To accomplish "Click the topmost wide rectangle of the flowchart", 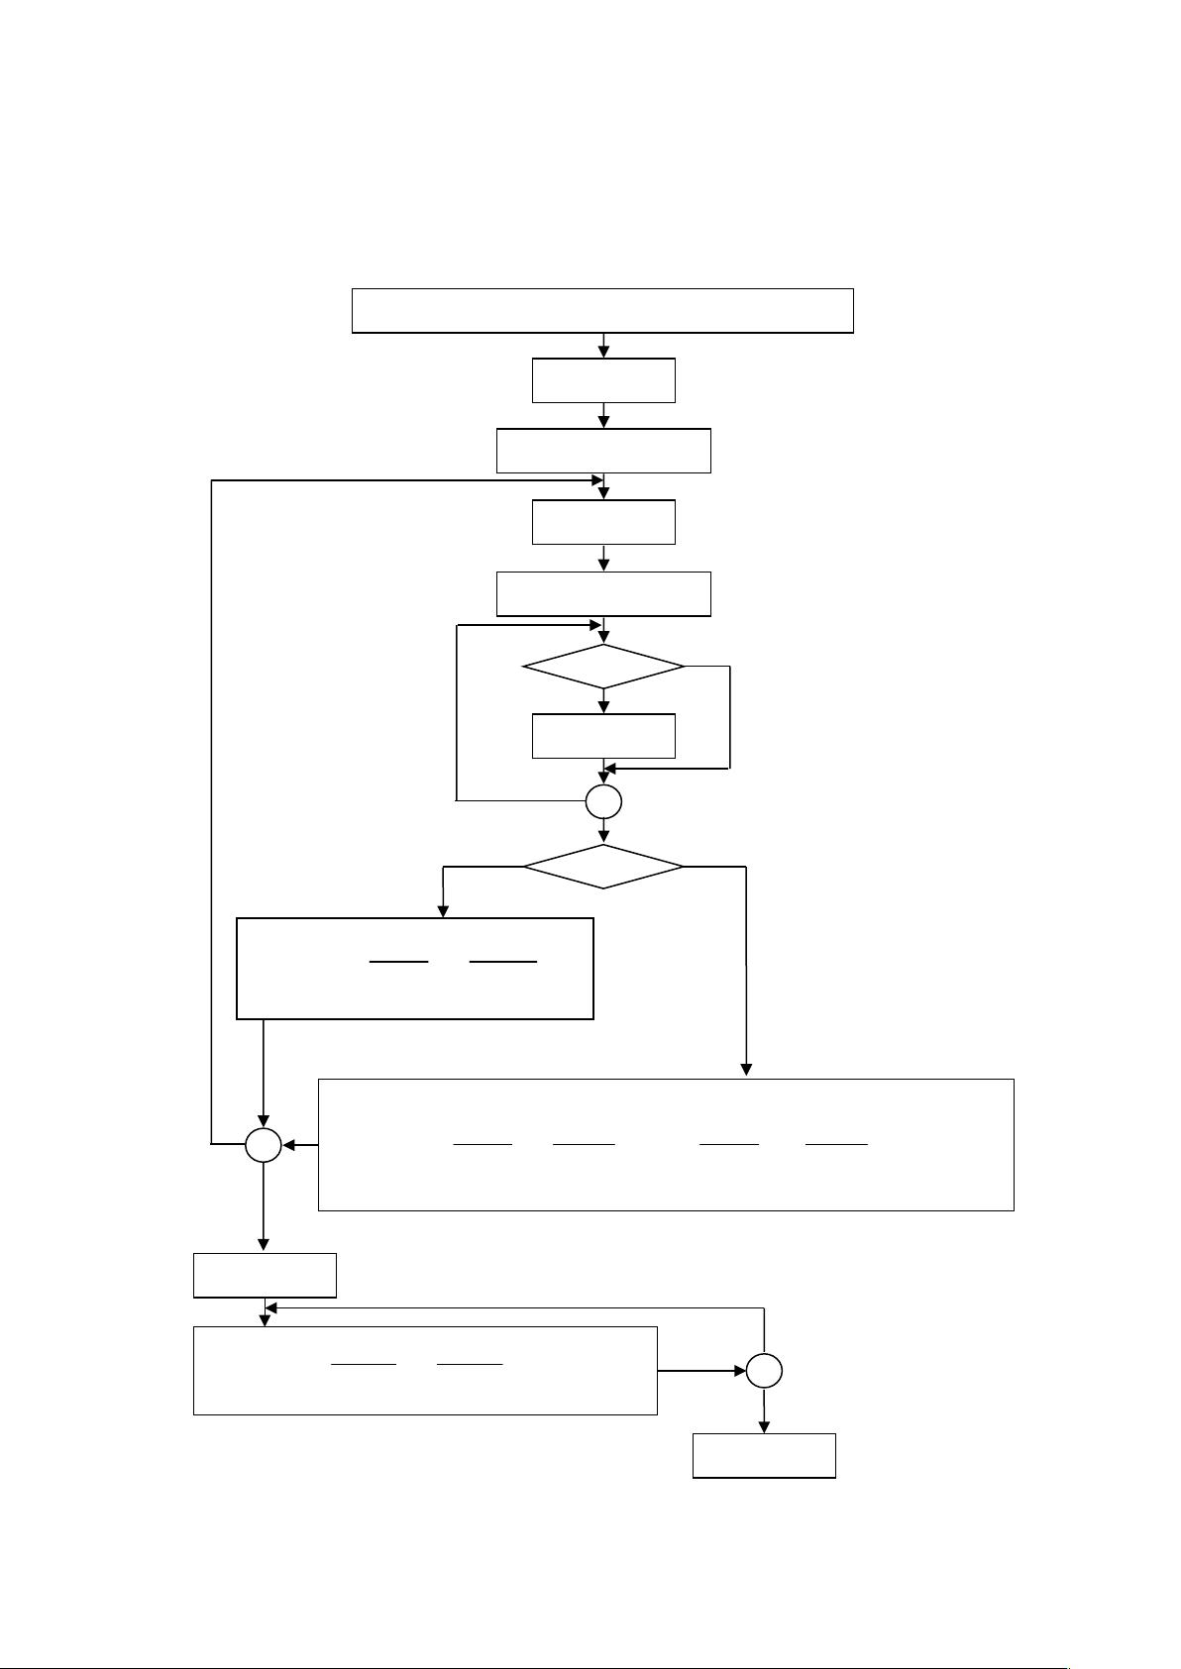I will point(602,310).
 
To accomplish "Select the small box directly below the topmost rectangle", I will point(603,380).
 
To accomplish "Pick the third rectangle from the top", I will point(603,451).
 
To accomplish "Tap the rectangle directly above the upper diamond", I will point(603,593).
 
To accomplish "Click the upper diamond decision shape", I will point(603,668).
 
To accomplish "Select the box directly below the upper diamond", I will point(603,735).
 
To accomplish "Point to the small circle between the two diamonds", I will point(603,801).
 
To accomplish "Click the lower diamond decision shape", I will point(603,867).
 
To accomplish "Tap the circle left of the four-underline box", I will point(264,1146).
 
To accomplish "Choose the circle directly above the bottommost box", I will point(764,1371).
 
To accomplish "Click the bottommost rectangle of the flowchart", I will point(764,1455).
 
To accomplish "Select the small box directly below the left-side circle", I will point(265,1275).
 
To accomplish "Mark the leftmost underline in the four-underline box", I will point(483,1144).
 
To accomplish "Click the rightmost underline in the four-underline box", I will point(836,1144).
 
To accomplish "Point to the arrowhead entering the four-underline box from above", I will point(746,1070).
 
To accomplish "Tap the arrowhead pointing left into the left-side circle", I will point(289,1146).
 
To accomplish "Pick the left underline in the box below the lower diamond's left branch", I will point(398,961).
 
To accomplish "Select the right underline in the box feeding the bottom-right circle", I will point(470,1365).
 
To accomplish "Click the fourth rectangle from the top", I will point(603,522).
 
